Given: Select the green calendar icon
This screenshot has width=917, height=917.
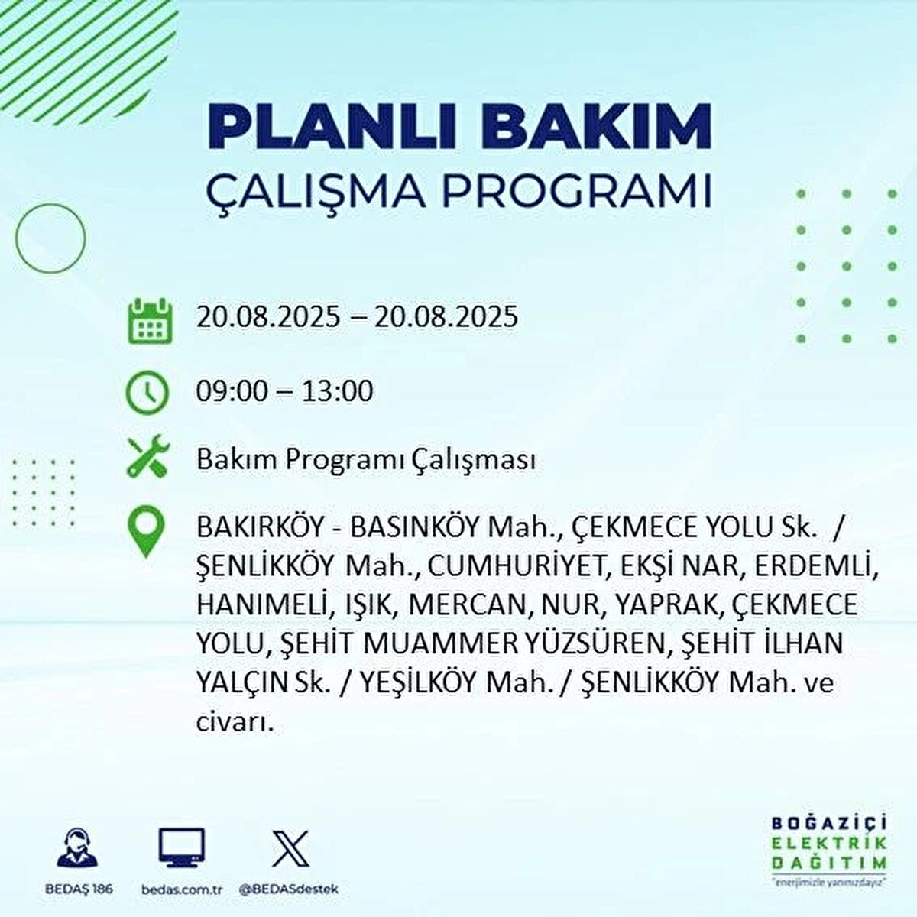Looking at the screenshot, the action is click(x=151, y=321).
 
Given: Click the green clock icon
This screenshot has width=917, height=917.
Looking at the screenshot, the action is click(x=147, y=394).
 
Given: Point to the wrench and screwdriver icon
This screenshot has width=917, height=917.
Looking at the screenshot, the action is click(x=148, y=456).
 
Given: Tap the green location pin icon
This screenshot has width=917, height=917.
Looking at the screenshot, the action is click(x=147, y=531).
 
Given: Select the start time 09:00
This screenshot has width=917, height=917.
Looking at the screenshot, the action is click(x=232, y=391).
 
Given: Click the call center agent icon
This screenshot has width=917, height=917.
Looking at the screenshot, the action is click(x=77, y=844).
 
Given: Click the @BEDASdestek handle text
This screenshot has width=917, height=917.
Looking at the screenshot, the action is click(x=288, y=889).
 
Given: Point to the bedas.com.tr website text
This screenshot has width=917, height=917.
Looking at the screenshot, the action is click(x=181, y=889).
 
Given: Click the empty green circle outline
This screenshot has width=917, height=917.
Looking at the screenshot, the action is click(x=17, y=238).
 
